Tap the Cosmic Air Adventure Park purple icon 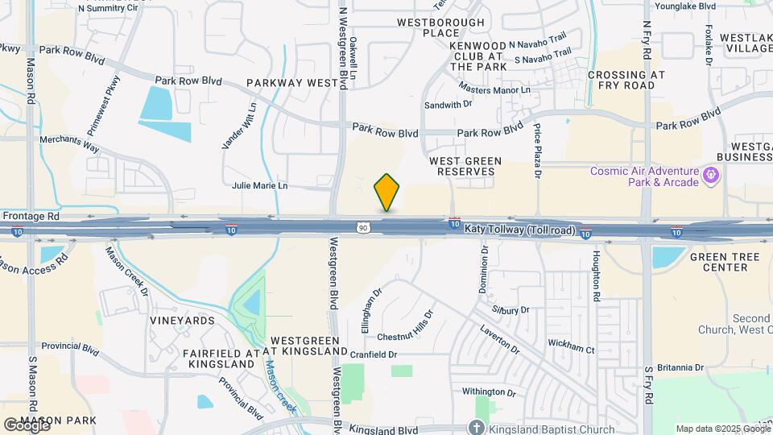[711, 175]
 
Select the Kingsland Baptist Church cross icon [477, 428]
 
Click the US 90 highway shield [364, 228]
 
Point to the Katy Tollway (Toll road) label [520, 230]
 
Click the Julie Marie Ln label [259, 185]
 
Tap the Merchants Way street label [69, 144]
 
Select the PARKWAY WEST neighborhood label [291, 83]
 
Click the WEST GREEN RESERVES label [465, 167]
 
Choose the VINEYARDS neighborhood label [182, 321]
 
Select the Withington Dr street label [489, 392]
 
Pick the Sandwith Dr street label [449, 105]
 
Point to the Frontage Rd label [31, 216]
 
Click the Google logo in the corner [26, 425]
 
